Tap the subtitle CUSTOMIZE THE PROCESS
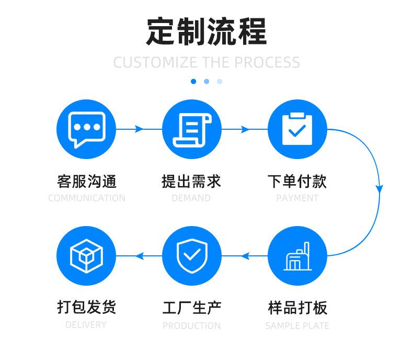tap(206, 62)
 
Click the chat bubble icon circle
tap(86, 129)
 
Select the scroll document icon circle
tap(192, 129)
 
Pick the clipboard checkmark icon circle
tap(297, 129)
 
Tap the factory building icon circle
tap(297, 256)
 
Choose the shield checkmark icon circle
tap(192, 256)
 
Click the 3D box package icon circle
tap(86, 256)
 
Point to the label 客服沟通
tap(86, 181)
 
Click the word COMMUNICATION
tap(86, 198)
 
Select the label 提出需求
tap(191, 181)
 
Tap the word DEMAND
tap(191, 198)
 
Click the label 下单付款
tap(297, 181)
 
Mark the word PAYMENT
tap(297, 198)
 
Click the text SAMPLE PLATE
tap(297, 325)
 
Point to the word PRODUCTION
tap(191, 325)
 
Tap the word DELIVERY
tap(86, 325)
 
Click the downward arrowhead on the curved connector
tap(380, 188)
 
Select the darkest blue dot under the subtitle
tap(193, 81)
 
